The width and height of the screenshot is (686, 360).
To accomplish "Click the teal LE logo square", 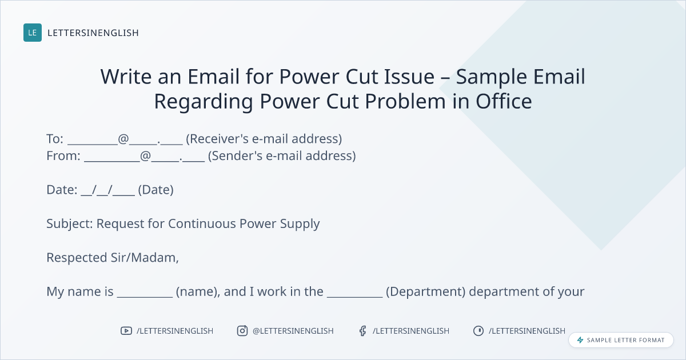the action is coord(33,33).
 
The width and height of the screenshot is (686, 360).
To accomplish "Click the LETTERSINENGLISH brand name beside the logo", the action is coord(93,33).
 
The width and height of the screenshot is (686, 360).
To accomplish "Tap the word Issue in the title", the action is coord(409,76).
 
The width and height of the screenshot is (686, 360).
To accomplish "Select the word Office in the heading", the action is coord(504,101).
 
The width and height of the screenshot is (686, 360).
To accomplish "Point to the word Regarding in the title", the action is coord(204,102).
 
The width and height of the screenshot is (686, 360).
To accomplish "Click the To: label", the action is coord(55,139).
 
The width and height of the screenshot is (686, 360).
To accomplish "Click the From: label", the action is coord(63,156).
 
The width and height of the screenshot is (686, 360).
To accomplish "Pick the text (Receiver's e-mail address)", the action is coord(264,139).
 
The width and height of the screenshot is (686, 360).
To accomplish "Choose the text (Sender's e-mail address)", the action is coord(282,156).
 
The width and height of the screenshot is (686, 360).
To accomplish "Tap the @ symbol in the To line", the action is coord(123,139).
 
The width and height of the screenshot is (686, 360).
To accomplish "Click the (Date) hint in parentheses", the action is coord(156,190).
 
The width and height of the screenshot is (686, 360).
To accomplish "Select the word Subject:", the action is coord(70,224).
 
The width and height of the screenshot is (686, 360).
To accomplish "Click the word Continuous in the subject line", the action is coord(202,224).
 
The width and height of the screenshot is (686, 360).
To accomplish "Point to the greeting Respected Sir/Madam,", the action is coord(113,258).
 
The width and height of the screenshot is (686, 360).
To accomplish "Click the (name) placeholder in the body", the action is coord(198,292).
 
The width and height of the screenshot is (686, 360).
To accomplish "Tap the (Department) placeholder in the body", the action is coord(426,292).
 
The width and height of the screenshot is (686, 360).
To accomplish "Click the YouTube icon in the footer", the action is coord(126,331).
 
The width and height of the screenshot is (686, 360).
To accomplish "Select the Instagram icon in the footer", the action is coord(242,331).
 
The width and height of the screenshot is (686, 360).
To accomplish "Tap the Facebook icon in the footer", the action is coord(363,331).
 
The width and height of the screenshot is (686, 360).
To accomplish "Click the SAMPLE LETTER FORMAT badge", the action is coord(621,340).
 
